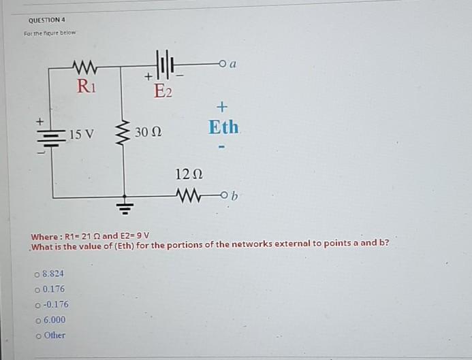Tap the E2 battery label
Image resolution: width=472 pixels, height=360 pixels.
163,91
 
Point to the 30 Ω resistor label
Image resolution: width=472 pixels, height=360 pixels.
148,131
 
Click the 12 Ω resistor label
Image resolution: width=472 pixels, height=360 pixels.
187,174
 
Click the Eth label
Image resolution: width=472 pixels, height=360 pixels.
223,127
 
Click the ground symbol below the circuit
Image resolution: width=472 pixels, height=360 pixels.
124,206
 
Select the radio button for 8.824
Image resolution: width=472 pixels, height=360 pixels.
37,274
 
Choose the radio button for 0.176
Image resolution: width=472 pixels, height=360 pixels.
37,289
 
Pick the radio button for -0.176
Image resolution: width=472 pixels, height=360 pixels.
37,305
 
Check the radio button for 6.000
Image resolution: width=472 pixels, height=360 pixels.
37,320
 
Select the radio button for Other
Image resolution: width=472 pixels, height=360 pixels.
37,336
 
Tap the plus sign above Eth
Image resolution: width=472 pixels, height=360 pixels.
222,107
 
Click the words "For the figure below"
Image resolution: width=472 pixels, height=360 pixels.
51,33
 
